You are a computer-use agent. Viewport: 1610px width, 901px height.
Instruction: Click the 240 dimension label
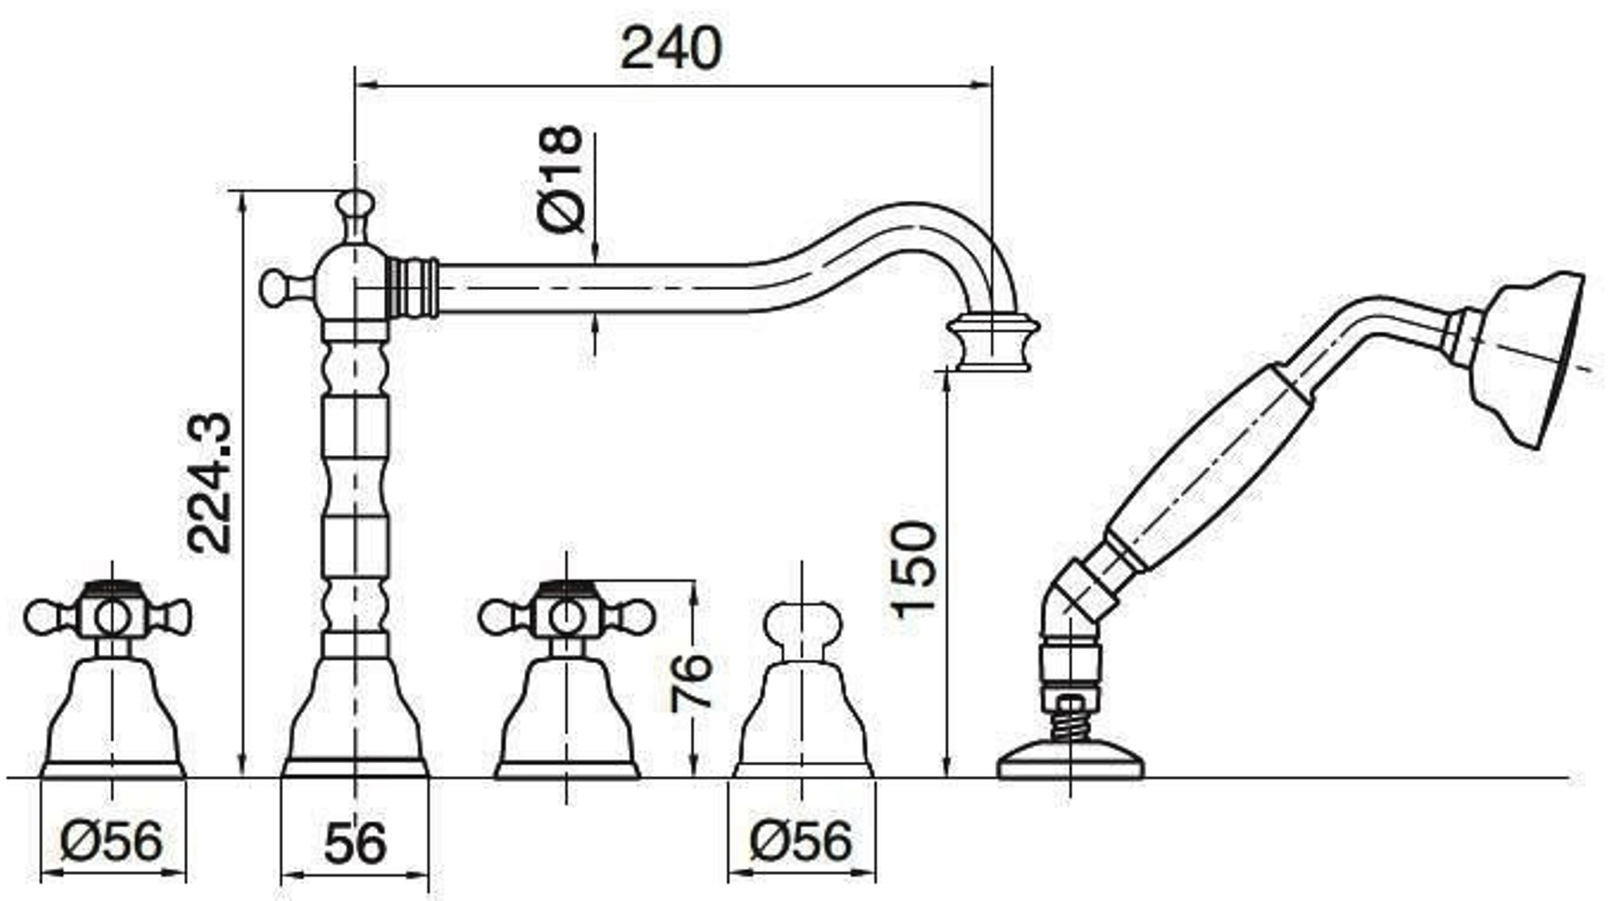tap(671, 48)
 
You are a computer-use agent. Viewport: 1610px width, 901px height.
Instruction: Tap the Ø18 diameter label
tap(561, 179)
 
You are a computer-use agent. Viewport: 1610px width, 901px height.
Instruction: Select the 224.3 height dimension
tap(209, 482)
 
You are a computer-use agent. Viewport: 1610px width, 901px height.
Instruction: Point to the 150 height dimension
tap(914, 568)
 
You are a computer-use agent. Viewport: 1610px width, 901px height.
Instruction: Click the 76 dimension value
tap(690, 682)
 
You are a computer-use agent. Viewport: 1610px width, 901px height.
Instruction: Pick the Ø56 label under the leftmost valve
tap(112, 841)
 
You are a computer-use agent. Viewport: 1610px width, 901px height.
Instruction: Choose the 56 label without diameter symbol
tap(355, 843)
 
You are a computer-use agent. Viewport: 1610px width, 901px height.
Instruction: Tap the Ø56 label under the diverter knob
tap(801, 841)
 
